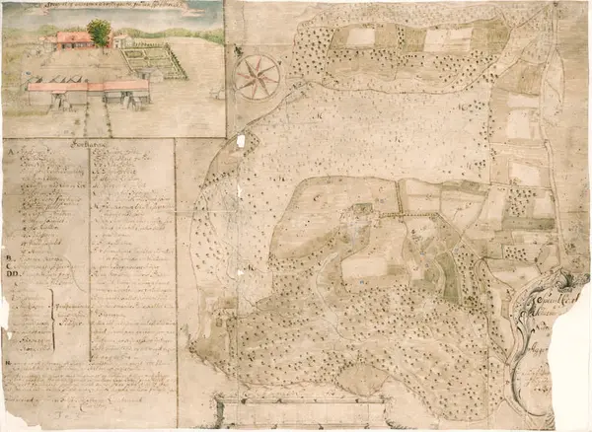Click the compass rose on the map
point(257,77)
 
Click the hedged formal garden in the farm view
point(152,62)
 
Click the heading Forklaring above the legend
point(88,142)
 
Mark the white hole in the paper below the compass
point(240,142)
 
